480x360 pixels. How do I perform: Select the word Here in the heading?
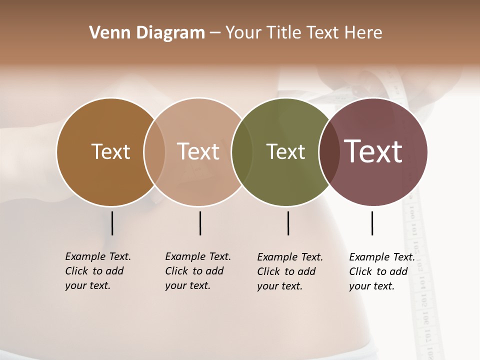[x=363, y=33]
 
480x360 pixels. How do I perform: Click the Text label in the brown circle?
[x=110, y=151]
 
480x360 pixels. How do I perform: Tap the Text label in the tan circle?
[x=198, y=151]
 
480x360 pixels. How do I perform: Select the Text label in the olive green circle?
[x=285, y=151]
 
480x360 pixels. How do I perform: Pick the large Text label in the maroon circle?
[x=373, y=151]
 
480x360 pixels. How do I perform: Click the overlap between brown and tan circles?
[x=154, y=152]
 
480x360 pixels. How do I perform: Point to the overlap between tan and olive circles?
[x=242, y=152]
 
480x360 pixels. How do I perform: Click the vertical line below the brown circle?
[x=112, y=223]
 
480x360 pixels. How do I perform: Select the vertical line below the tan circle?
[x=200, y=223]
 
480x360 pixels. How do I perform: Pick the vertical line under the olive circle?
[x=288, y=223]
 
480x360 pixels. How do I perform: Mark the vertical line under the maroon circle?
[x=372, y=223]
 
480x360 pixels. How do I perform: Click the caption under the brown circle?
[x=98, y=271]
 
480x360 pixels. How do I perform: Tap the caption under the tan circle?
[x=198, y=271]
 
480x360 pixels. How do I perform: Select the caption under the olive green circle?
[x=290, y=271]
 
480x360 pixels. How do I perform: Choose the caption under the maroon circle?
[x=382, y=271]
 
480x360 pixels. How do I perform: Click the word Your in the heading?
[x=243, y=33]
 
